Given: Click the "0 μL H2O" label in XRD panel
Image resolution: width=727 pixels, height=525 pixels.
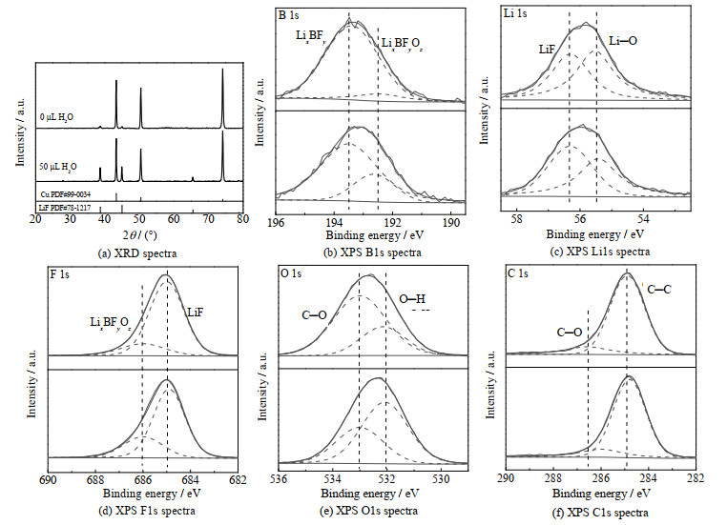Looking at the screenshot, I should coord(58,117).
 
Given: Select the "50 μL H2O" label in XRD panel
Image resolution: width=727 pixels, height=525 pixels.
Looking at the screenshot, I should coord(60,167).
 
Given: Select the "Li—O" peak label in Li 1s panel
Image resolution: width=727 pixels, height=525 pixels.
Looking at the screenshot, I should coord(623,43).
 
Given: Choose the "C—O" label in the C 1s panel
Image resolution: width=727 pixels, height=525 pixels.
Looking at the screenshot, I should coord(570,332).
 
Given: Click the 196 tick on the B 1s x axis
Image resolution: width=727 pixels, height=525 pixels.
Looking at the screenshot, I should coord(276,222).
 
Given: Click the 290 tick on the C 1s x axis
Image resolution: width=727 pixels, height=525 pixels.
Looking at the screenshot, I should coord(506,480).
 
